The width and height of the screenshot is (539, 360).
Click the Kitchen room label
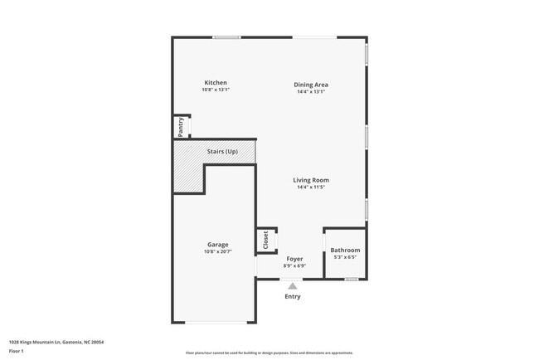pos(216,83)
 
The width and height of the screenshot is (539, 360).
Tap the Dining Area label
pos(311,84)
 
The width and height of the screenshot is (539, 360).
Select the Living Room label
pos(311,180)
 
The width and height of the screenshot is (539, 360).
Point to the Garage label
pos(217,245)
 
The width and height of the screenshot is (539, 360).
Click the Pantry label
pos(179,128)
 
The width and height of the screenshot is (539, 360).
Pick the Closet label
pos(265,240)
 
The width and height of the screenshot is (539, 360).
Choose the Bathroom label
pos(345,251)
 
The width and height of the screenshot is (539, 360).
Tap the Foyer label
pos(294,260)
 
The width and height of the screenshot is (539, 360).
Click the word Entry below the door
pos(293,296)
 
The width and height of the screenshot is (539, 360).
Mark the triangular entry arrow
pos(293,285)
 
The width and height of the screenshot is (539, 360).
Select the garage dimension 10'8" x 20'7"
pos(217,251)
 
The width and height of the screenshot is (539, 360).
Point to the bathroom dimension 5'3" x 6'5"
pos(344,257)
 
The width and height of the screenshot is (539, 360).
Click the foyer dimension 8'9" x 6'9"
pos(294,266)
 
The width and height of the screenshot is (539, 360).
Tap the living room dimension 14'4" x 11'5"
pos(311,187)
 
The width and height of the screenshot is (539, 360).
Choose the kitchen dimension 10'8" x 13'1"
pos(216,90)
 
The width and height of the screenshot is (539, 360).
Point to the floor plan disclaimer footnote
pos(269,353)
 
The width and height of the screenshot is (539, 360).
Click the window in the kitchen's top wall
pos(226,37)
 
